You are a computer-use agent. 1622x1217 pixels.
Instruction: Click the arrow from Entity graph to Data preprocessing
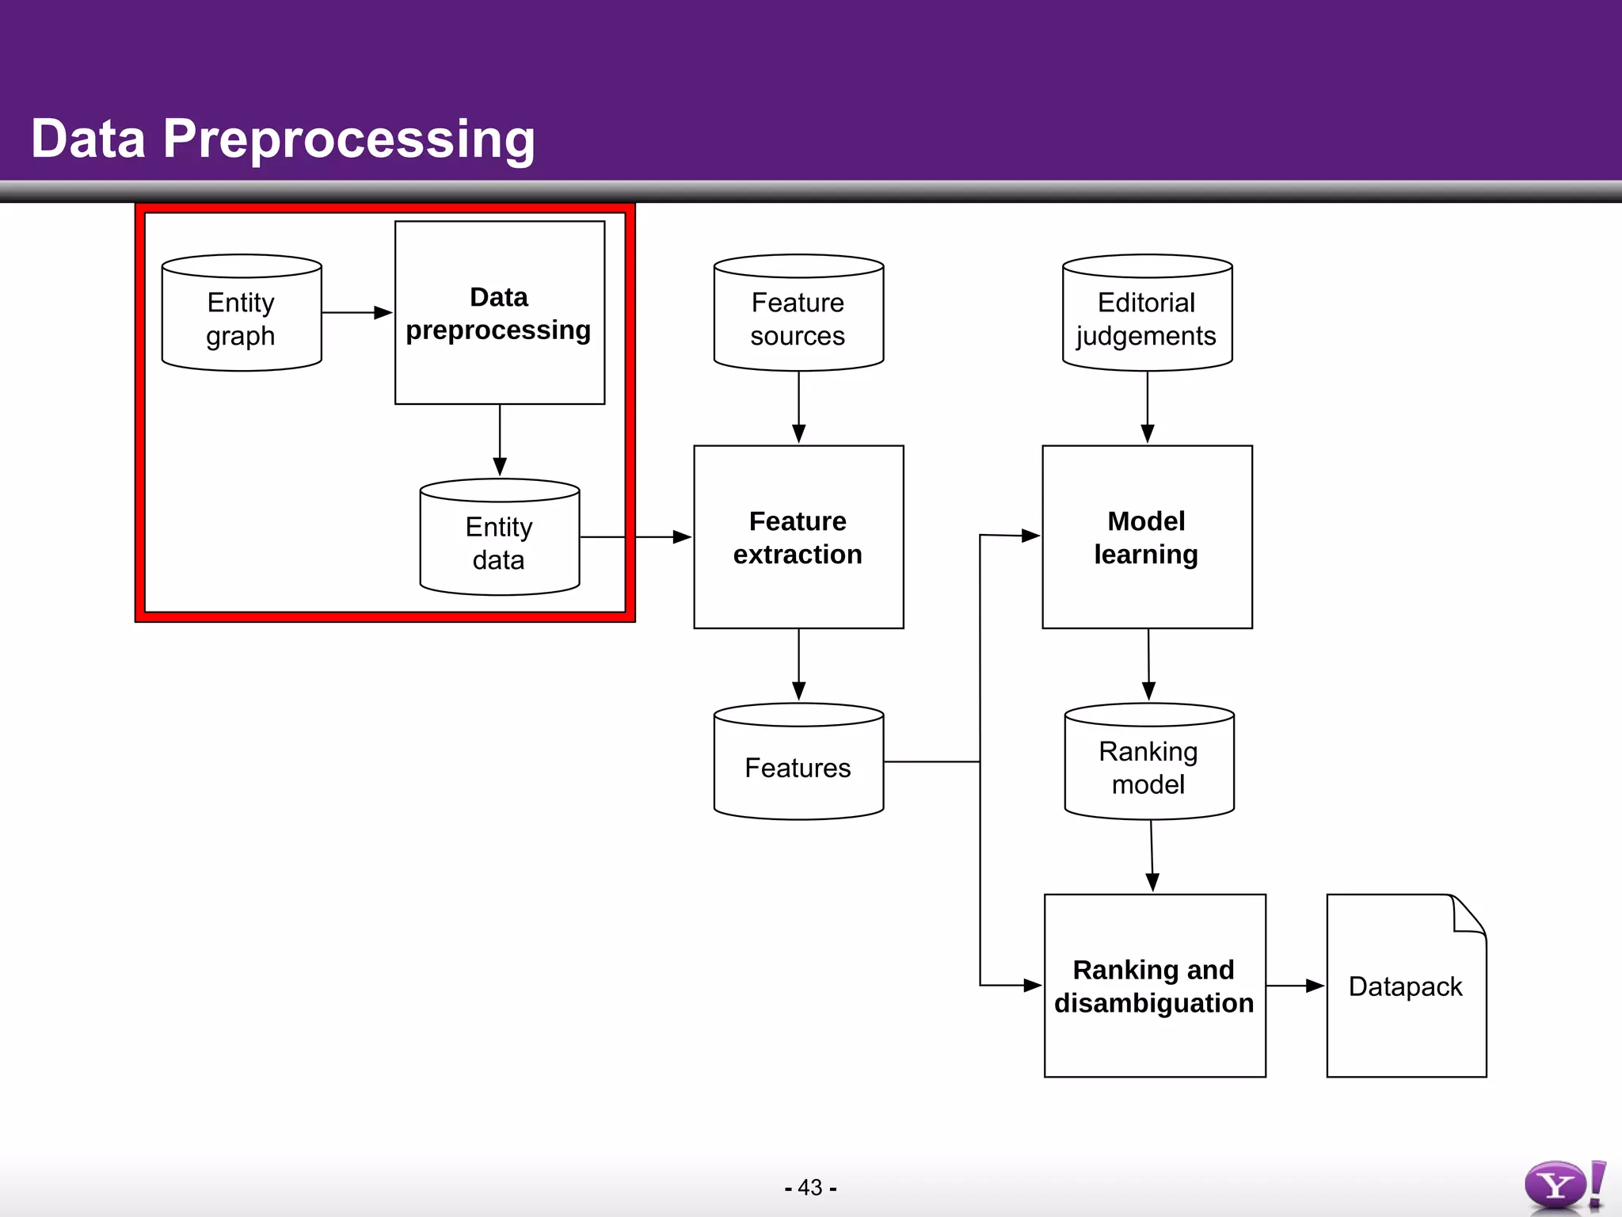coord(357,313)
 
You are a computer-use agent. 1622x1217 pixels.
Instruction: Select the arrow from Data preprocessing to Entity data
coord(500,441)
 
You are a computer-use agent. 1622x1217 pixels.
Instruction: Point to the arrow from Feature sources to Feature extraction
coord(798,407)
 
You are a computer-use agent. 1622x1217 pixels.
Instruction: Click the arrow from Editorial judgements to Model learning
coord(1147,407)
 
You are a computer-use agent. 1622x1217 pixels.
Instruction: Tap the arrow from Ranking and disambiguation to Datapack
coord(1295,986)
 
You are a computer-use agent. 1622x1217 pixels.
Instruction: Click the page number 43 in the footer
coord(810,1188)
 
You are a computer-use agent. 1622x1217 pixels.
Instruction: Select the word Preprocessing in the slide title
coord(349,139)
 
